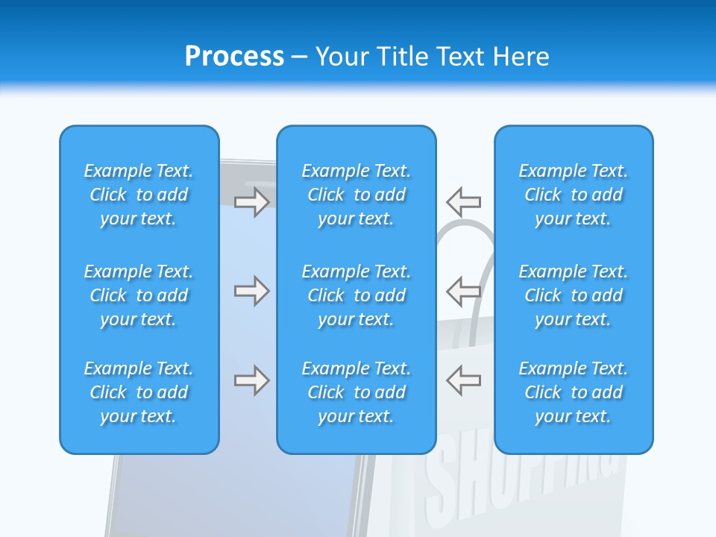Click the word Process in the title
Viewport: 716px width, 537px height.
(x=234, y=57)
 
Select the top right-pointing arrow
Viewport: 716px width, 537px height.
(x=251, y=201)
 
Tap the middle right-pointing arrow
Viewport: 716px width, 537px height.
(x=251, y=291)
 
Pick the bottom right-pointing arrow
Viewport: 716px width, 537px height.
(x=251, y=380)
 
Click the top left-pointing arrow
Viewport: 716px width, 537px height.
(x=464, y=201)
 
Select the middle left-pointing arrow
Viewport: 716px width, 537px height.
(x=464, y=291)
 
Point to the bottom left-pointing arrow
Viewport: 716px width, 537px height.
(x=464, y=380)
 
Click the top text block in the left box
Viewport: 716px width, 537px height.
(x=139, y=195)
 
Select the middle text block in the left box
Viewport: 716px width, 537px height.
(x=139, y=295)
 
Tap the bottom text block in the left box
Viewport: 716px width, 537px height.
(x=139, y=392)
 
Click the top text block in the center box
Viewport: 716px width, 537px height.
(x=357, y=195)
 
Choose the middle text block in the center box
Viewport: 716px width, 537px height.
(x=357, y=295)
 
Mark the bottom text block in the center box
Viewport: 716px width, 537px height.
(x=357, y=392)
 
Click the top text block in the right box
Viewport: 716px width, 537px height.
(x=574, y=195)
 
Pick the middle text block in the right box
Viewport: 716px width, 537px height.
(x=574, y=295)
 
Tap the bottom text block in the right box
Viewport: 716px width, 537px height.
(x=574, y=392)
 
